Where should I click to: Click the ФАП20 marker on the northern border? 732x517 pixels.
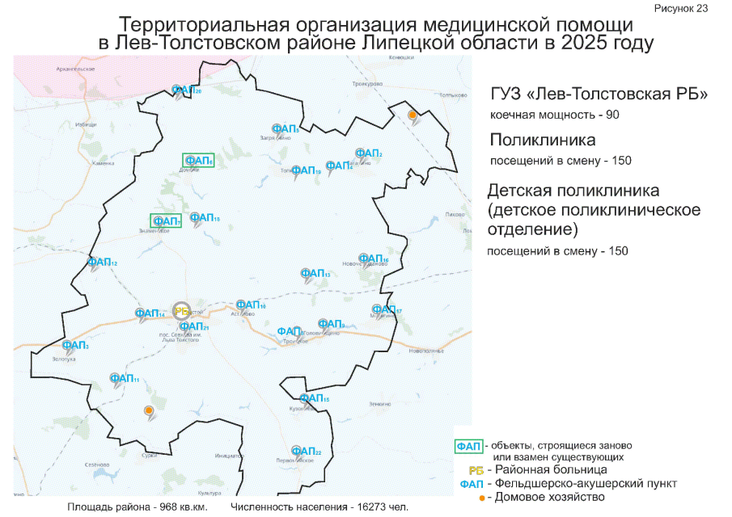pos(185,90)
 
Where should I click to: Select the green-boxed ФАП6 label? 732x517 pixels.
pos(198,161)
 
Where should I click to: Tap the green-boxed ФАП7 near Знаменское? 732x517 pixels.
pos(166,221)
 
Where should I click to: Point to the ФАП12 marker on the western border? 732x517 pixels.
pos(102,263)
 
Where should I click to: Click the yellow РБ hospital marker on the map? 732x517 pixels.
pos(182,310)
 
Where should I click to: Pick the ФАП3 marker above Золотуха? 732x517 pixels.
pos(75,345)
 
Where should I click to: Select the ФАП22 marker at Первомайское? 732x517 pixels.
pos(305,451)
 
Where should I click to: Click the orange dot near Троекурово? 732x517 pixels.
pos(413,116)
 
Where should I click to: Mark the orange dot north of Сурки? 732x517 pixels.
pos(148,411)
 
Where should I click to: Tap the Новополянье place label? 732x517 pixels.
pos(427,351)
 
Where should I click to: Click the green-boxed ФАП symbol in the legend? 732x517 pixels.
pos(468,446)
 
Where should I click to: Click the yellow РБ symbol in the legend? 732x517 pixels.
pos(476,469)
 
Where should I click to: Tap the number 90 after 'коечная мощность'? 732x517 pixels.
pos(611,115)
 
